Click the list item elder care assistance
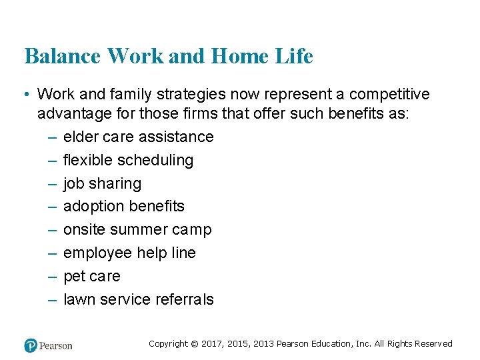point(138,137)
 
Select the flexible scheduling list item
point(128,161)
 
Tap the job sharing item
point(102,184)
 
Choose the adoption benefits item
point(123,207)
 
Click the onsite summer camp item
point(137,230)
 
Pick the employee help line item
point(129,253)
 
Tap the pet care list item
point(91,277)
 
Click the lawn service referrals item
point(138,300)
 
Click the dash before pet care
point(52,277)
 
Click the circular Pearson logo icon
point(31,345)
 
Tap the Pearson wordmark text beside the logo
point(56,345)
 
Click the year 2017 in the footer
point(213,344)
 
